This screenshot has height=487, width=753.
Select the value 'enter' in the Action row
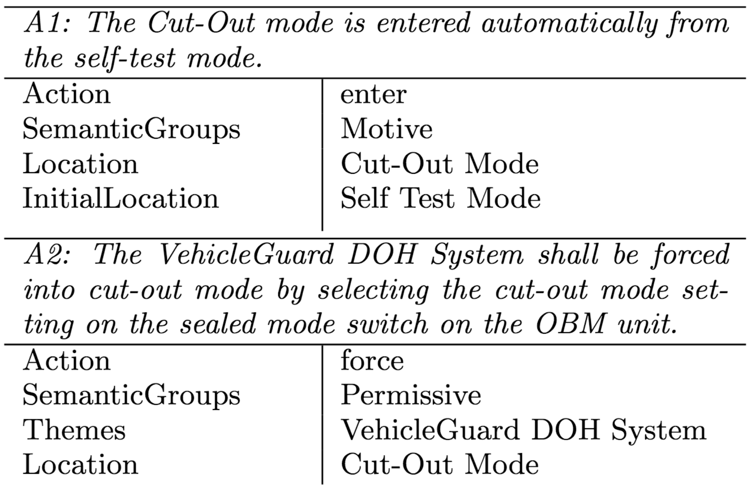tap(373, 95)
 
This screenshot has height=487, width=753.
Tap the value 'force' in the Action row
tap(372, 361)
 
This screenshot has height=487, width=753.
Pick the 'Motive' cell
tap(386, 129)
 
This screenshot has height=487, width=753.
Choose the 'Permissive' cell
tap(411, 395)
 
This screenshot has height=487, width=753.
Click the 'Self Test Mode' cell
tap(440, 198)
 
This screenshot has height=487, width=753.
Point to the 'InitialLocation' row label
tap(120, 198)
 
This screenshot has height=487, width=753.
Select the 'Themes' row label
tap(74, 430)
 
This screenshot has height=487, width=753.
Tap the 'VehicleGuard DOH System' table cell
tap(523, 430)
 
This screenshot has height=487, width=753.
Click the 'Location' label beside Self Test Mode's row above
tap(80, 164)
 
